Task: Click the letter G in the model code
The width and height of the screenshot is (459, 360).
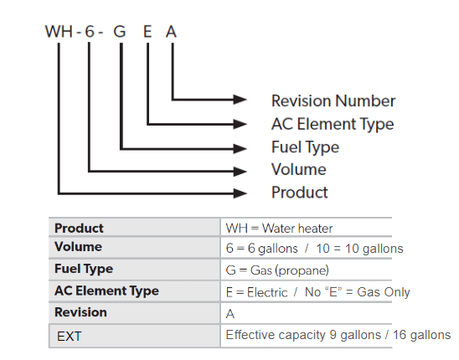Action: [x=120, y=31]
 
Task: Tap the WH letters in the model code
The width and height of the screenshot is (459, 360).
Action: [x=59, y=31]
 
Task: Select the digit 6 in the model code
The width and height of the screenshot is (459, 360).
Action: [x=90, y=31]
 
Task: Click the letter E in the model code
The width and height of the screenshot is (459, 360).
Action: [x=147, y=31]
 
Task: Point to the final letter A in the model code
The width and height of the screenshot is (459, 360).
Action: [x=171, y=31]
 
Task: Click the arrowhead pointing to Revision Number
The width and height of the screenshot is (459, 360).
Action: [x=240, y=100]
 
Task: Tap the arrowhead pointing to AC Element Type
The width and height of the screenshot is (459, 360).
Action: [x=240, y=124]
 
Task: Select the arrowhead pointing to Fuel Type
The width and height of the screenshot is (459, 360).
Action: [x=240, y=148]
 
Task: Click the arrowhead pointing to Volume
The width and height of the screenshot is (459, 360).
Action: [x=240, y=171]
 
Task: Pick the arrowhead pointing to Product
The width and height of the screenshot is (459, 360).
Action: [x=240, y=193]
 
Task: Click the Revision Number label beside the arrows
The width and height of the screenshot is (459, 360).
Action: [x=333, y=101]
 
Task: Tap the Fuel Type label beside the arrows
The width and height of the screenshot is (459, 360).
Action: [x=306, y=147]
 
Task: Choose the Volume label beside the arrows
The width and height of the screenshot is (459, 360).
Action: [x=299, y=169]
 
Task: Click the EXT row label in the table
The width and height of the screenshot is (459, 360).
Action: [x=69, y=337]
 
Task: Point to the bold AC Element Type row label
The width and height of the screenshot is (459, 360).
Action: [x=106, y=291]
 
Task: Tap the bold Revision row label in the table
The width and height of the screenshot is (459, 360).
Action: [x=80, y=312]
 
